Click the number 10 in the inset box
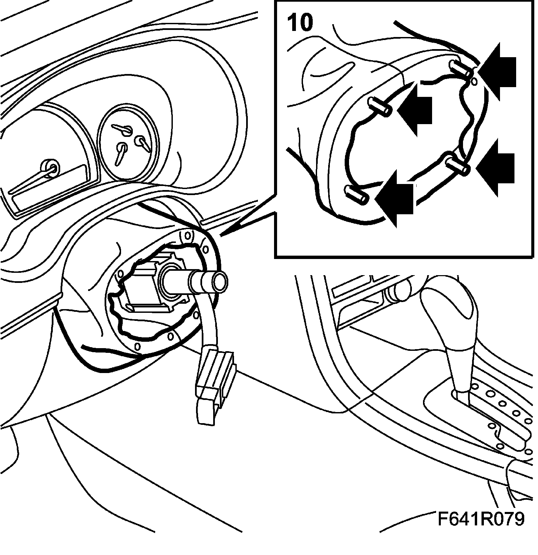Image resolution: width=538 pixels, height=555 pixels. pyautogui.click(x=300, y=23)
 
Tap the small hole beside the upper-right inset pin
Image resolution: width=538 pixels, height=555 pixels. pyautogui.click(x=474, y=81)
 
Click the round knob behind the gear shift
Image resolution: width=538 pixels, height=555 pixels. pyautogui.click(x=400, y=289)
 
